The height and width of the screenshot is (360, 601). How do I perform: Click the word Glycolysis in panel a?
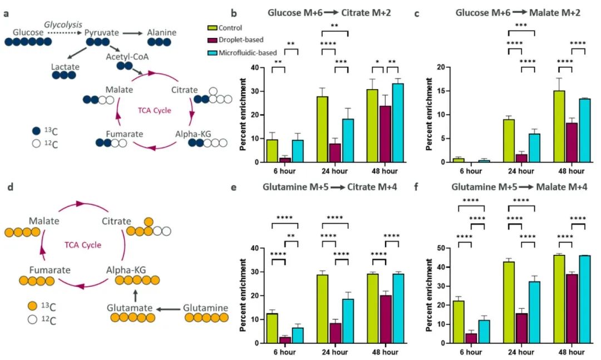click(63, 25)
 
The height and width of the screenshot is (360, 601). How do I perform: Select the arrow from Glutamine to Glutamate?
click(170, 308)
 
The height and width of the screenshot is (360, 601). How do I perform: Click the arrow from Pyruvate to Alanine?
click(132, 33)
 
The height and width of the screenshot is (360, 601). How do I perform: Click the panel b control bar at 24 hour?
click(322, 129)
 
